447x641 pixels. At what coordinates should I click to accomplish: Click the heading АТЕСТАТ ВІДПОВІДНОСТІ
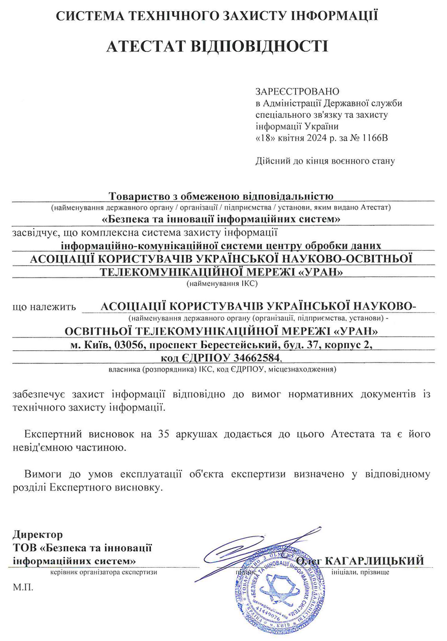tap(217, 46)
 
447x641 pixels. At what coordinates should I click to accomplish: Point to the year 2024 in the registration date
tap(317, 138)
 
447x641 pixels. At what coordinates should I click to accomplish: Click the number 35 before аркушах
tap(164, 435)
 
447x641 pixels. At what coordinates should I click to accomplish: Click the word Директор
tap(38, 534)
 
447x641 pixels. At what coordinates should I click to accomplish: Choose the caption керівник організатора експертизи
tap(104, 572)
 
